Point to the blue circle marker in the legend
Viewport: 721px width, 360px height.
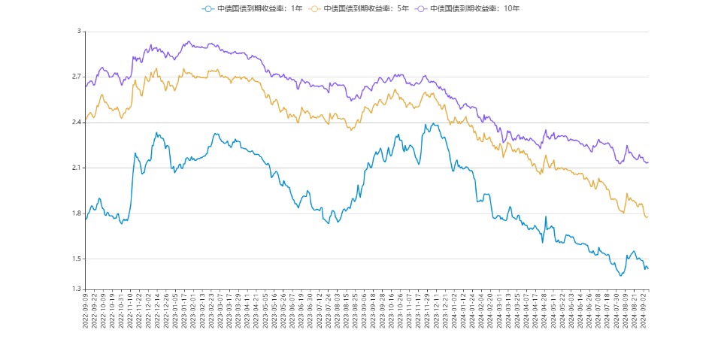(x=208, y=8)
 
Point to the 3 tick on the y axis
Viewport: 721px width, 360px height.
(x=78, y=32)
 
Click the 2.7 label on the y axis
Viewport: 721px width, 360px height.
(x=76, y=77)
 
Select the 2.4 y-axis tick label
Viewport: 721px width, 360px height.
(x=76, y=123)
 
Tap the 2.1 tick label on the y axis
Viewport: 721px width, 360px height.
(x=76, y=168)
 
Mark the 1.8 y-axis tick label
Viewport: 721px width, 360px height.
(x=76, y=213)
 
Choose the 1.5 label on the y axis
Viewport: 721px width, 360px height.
(x=76, y=259)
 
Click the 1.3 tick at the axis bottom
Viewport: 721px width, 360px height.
(x=76, y=289)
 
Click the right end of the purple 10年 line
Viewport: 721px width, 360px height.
(x=648, y=162)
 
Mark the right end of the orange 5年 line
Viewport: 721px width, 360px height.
(x=648, y=216)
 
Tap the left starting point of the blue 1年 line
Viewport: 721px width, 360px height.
(x=86, y=219)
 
